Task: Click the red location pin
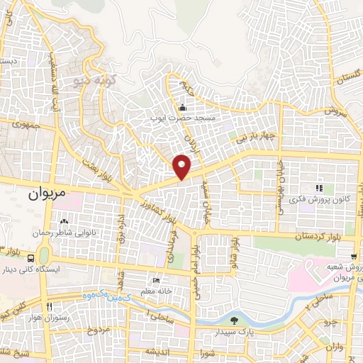coord(182,167)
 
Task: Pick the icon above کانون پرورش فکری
coord(319,188)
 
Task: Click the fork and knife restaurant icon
coord(49,307)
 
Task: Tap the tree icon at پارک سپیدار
coord(235,321)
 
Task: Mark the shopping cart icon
coord(353,256)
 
